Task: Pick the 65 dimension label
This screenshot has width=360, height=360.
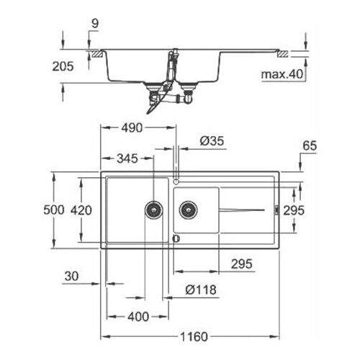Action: (x=310, y=146)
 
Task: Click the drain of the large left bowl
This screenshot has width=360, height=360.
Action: (x=154, y=210)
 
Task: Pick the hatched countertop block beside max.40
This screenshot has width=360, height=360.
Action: (x=285, y=53)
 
